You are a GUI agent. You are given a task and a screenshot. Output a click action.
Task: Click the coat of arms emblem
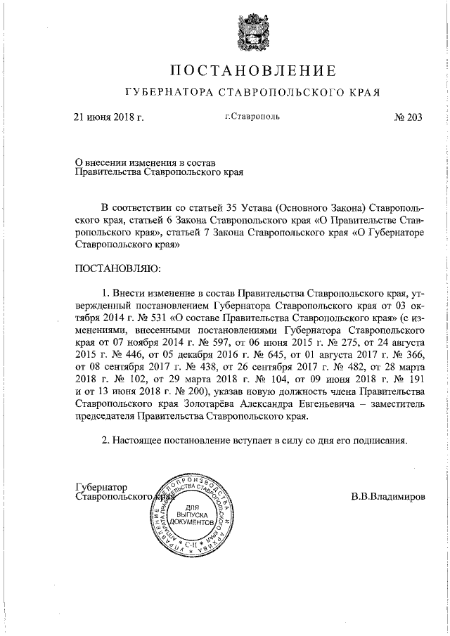coord(250,31)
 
